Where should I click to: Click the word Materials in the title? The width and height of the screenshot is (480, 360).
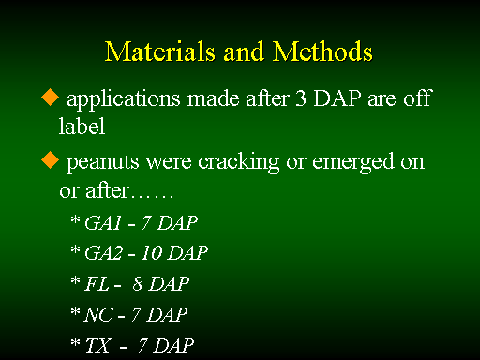pyautogui.click(x=160, y=52)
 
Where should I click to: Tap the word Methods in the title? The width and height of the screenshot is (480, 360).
pyautogui.click(x=322, y=52)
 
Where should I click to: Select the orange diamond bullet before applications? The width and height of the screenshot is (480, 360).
pyautogui.click(x=50, y=97)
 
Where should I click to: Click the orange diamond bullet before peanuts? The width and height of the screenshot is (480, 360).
pyautogui.click(x=50, y=159)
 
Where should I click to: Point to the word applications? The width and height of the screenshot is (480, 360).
pyautogui.click(x=124, y=99)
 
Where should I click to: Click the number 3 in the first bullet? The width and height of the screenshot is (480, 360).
pyautogui.click(x=301, y=98)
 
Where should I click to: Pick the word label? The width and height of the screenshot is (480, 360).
pyautogui.click(x=82, y=126)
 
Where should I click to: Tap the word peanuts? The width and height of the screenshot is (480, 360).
pyautogui.click(x=102, y=163)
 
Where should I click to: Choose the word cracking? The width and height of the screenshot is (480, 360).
pyautogui.click(x=239, y=162)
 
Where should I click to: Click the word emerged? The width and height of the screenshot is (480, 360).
pyautogui.click(x=353, y=162)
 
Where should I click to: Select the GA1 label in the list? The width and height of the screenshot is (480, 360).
pyautogui.click(x=103, y=223)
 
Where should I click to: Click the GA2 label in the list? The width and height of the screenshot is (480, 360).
pyautogui.click(x=104, y=252)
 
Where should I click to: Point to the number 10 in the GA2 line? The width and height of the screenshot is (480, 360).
pyautogui.click(x=151, y=252)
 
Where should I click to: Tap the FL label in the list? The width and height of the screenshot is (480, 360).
pyautogui.click(x=97, y=284)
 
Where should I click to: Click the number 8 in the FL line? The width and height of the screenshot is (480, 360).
pyautogui.click(x=138, y=284)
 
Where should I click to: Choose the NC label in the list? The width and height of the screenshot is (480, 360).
pyautogui.click(x=98, y=314)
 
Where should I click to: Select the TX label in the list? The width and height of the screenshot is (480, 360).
pyautogui.click(x=97, y=345)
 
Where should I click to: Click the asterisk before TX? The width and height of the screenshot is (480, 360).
pyautogui.click(x=75, y=342)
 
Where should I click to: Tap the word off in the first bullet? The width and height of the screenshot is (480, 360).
pyautogui.click(x=418, y=97)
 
